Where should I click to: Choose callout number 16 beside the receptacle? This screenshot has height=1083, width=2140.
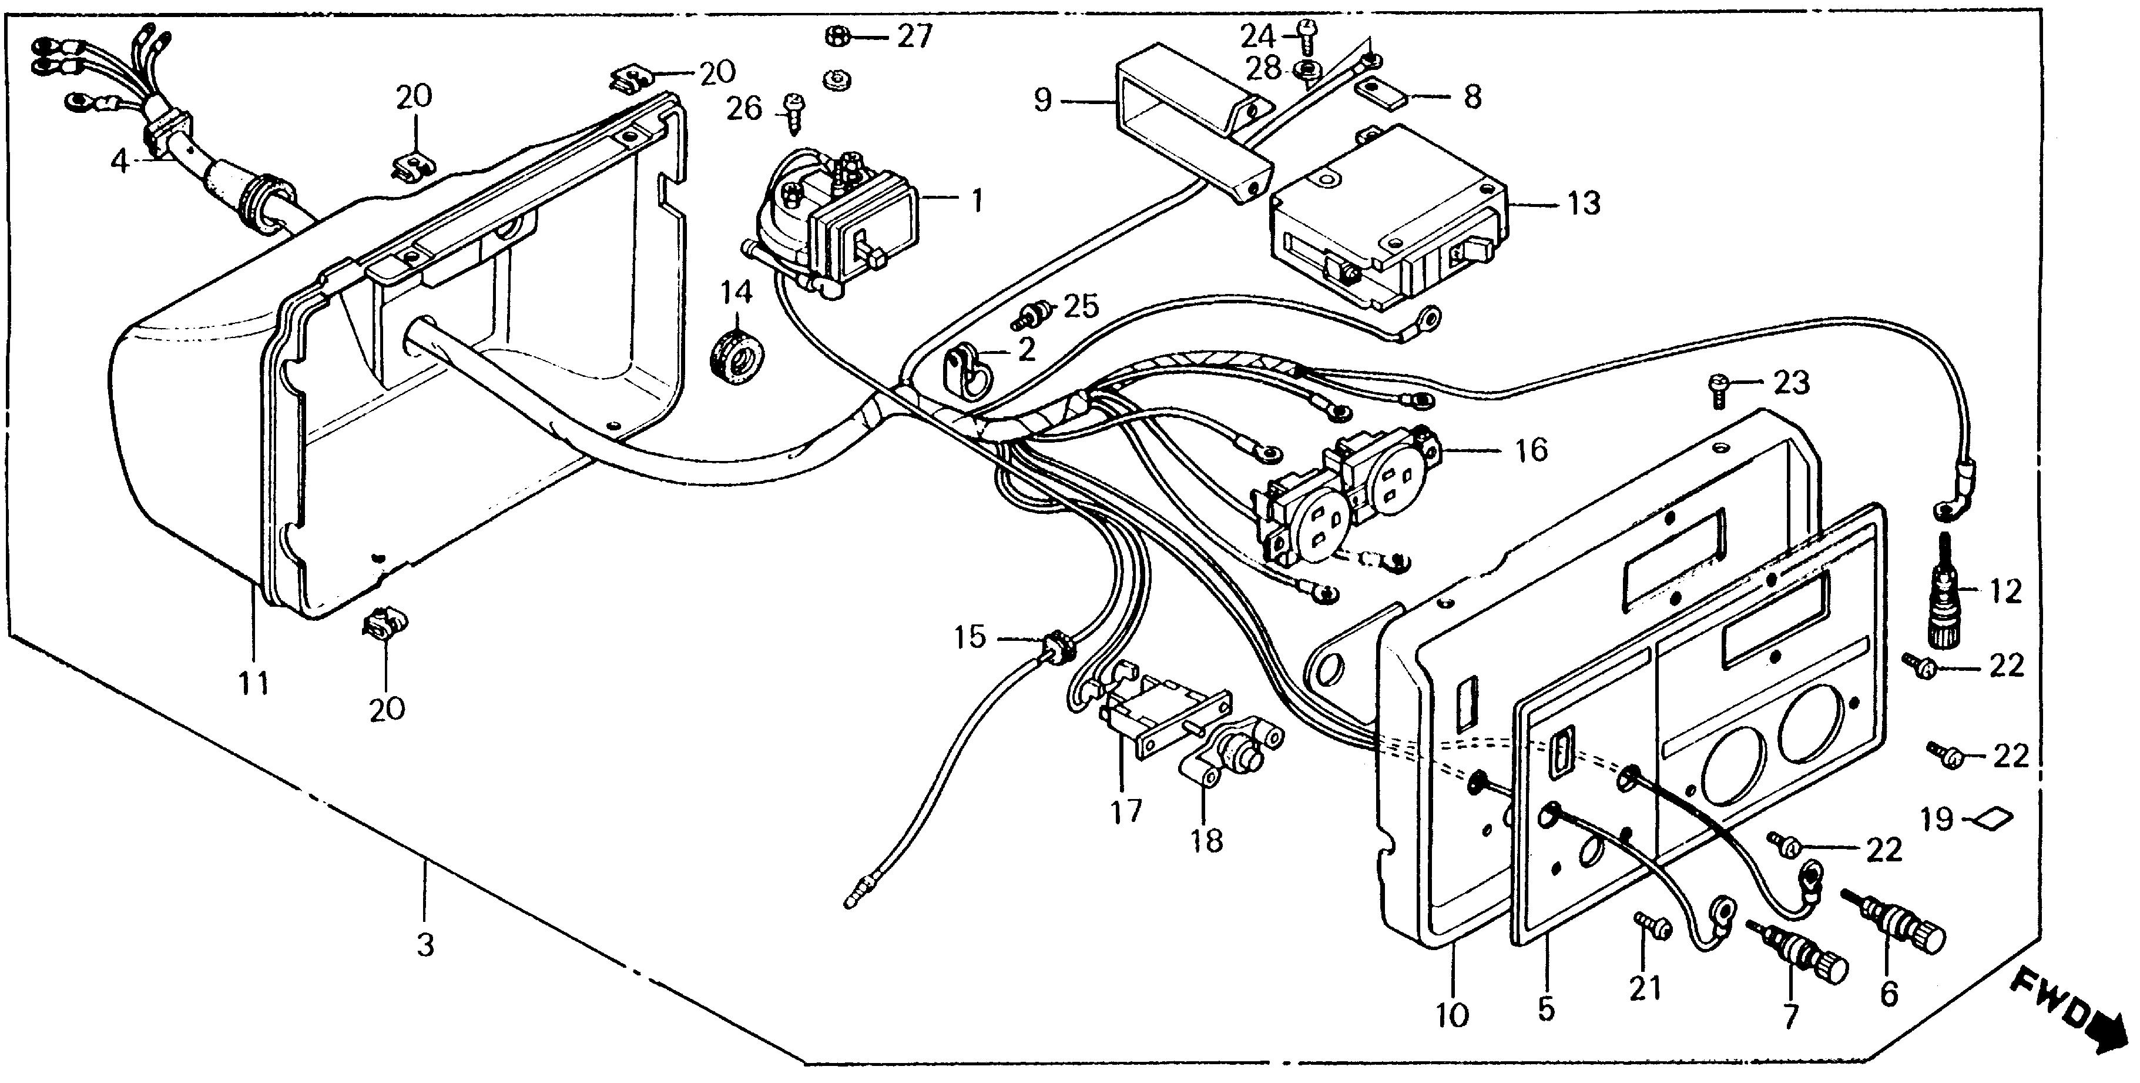point(1531,450)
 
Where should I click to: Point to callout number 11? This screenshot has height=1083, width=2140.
point(254,683)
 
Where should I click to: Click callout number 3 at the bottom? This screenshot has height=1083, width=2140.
point(425,945)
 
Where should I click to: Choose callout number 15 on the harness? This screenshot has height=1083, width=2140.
point(970,637)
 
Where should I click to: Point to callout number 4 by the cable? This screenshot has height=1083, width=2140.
point(121,161)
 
